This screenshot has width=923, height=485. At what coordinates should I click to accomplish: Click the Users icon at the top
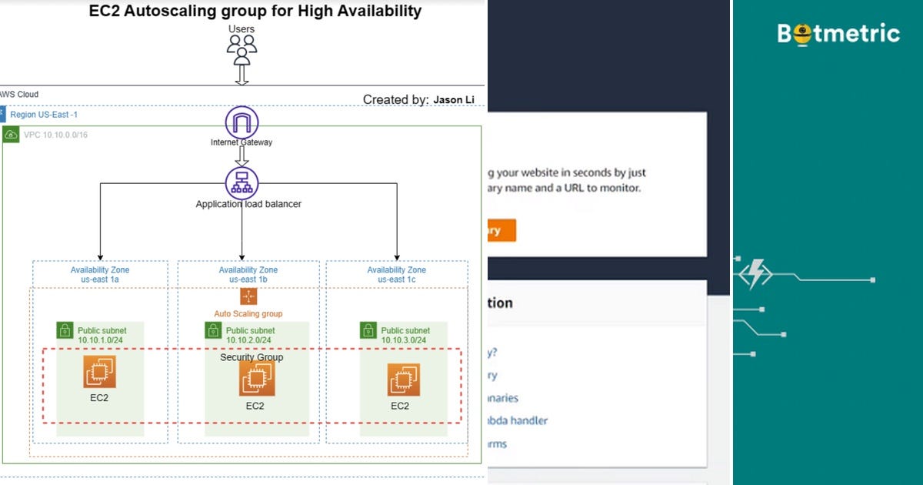click(242, 48)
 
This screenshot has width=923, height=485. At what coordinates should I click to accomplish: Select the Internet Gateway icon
click(242, 122)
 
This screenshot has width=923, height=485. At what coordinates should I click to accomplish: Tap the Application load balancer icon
click(242, 183)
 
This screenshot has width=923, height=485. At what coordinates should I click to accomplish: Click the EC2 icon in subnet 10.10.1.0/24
click(100, 372)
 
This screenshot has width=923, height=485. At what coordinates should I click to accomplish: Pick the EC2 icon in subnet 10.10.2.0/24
click(256, 378)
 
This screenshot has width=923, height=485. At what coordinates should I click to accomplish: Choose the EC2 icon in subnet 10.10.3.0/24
click(402, 379)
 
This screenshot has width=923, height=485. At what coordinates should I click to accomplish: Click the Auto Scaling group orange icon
click(248, 297)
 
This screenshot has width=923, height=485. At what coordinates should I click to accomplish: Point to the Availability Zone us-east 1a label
click(100, 275)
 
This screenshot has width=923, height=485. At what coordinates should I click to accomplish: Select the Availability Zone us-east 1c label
click(397, 275)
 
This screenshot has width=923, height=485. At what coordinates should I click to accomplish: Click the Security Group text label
click(252, 357)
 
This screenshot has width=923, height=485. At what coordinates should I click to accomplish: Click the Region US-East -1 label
click(44, 115)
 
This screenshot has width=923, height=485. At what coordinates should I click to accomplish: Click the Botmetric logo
click(838, 34)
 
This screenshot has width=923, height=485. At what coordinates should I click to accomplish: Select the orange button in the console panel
click(501, 230)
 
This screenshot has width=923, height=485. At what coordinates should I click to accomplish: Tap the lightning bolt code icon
click(755, 273)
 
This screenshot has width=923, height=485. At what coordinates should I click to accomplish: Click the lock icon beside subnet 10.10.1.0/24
click(65, 330)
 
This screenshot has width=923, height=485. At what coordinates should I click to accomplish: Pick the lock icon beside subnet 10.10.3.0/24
click(368, 330)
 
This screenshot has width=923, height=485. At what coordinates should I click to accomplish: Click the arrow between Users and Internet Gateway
click(242, 75)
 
